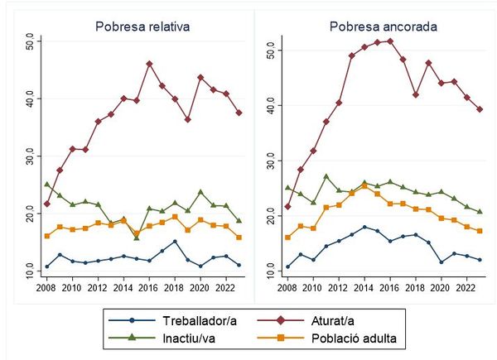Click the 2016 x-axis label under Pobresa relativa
pos(149,288)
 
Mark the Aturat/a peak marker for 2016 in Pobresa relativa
pos(149,64)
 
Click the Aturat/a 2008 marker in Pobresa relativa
pos(46,204)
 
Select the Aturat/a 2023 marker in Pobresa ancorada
pos(479,109)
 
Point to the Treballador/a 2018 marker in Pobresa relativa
pos(175,242)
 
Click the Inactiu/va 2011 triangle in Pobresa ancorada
pos(326,176)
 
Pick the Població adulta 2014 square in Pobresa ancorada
pos(364,186)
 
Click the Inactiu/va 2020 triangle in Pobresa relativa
pos(200,192)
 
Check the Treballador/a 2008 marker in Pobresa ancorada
pos(287,266)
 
